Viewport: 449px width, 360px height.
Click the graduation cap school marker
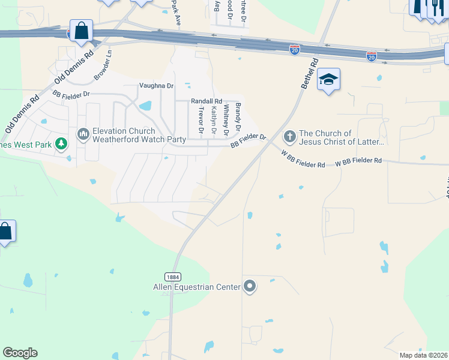tap(328, 79)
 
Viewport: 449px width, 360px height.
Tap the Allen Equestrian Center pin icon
tap(250, 287)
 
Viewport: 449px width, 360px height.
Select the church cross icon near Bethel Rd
tap(289, 136)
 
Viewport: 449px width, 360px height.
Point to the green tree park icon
tap(61, 144)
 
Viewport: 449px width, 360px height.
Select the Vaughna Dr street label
tap(156, 86)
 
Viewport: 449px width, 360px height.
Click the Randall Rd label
tap(206, 101)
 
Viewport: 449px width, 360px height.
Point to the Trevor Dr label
tap(201, 122)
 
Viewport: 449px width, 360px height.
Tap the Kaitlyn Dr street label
tap(214, 120)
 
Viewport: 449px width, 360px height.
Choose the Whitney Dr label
tap(226, 120)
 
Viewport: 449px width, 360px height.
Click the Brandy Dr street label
tap(238, 118)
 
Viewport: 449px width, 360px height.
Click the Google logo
tap(20, 353)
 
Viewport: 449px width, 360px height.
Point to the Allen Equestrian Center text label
tap(196, 287)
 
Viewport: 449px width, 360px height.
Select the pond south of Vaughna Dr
tap(145, 106)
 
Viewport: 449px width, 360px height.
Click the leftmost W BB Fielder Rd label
tap(303, 159)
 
